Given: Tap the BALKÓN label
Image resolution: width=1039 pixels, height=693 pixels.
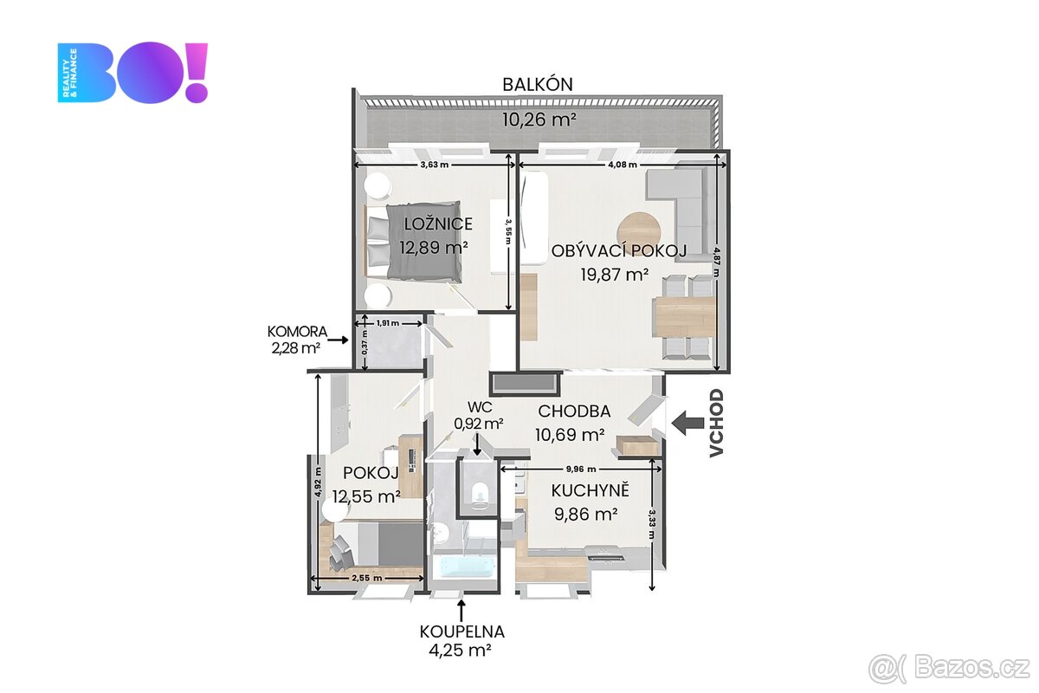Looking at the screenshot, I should point(538,85).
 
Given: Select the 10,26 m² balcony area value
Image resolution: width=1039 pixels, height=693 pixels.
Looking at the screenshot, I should point(539,120).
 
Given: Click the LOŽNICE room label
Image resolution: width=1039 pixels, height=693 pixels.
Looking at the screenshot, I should point(438,224).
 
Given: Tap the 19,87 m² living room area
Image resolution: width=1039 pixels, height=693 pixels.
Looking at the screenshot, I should point(615,275).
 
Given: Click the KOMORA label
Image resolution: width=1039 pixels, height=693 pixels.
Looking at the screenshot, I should point(297,331).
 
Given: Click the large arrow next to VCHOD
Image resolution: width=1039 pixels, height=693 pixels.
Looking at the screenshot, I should point(689,423).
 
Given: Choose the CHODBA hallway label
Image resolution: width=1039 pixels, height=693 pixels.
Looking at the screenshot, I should point(574,411).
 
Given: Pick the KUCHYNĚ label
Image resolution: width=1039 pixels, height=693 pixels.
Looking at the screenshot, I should point(590,491).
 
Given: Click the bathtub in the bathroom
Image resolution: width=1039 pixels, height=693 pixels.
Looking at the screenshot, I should point(466,567).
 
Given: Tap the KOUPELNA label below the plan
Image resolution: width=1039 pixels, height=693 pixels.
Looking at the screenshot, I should point(461,631).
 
